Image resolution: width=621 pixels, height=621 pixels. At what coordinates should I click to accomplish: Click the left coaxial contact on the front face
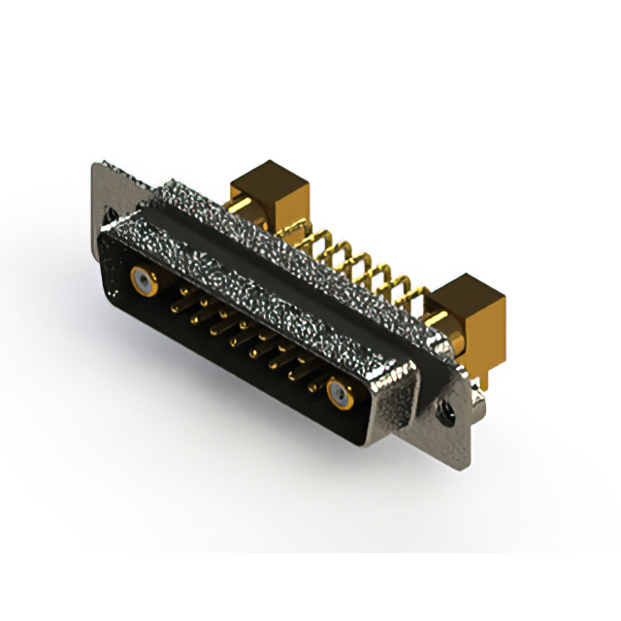[145, 282]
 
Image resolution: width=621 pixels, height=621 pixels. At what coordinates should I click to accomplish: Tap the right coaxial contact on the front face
[339, 394]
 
